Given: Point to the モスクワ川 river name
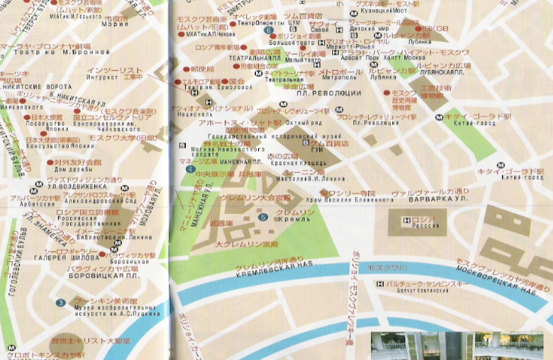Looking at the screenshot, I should pyautogui.click(x=388, y=268).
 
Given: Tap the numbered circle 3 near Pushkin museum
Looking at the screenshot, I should pyautogui.click(x=60, y=304).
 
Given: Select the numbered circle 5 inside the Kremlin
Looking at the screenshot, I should pyautogui.click(x=263, y=218).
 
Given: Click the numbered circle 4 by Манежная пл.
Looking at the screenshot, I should pyautogui.click(x=189, y=170).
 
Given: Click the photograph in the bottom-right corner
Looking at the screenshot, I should pyautogui.click(x=461, y=346).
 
